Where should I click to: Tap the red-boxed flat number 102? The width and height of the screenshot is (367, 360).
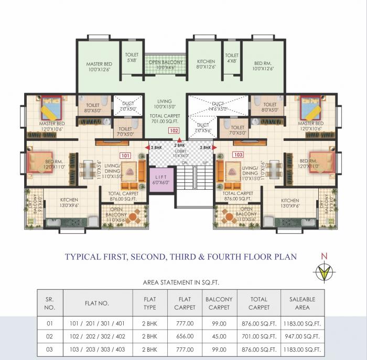click(173, 130)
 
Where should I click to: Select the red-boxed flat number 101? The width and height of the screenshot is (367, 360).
click(125, 155)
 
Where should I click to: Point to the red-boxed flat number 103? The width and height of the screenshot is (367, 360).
click(238, 155)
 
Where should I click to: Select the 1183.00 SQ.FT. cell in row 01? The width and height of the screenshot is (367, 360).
click(302, 323)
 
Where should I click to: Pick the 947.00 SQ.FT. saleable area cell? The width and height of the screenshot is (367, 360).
click(302, 336)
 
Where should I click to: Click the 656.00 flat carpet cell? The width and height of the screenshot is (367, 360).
click(183, 336)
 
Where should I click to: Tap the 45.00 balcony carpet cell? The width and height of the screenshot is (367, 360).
click(219, 336)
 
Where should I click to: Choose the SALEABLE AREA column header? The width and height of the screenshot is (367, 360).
click(302, 303)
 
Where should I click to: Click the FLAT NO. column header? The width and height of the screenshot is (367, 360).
click(96, 303)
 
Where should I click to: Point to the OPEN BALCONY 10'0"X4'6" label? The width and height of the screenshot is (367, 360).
click(166, 65)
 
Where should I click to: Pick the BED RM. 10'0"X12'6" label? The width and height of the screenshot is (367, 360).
click(263, 65)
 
